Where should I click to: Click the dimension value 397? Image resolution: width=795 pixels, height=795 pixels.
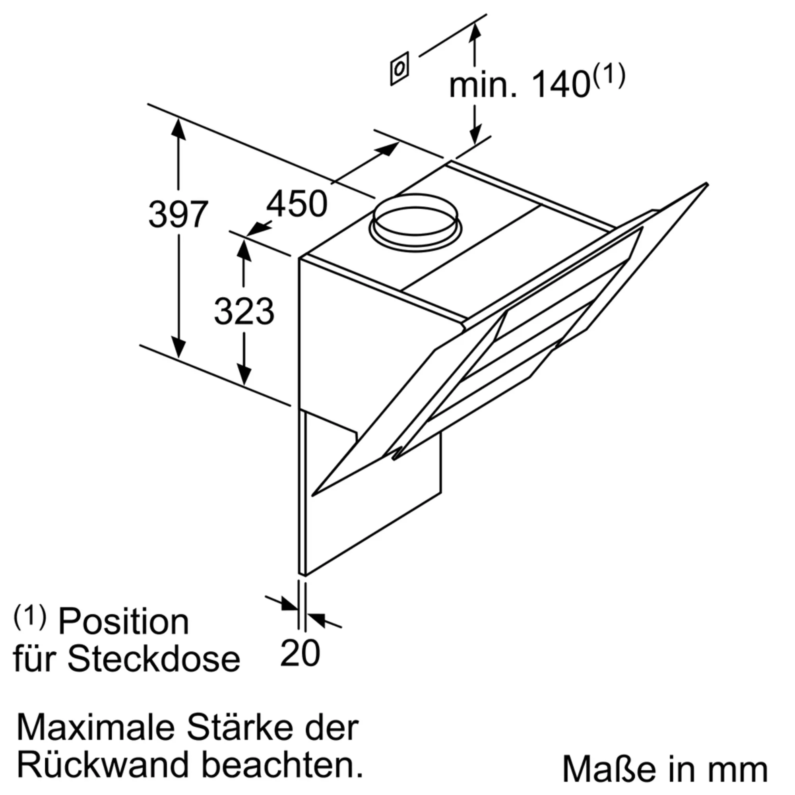tap(178, 214)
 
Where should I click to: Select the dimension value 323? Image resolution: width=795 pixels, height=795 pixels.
tap(244, 311)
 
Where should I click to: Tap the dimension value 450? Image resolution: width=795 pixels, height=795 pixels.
tap(297, 204)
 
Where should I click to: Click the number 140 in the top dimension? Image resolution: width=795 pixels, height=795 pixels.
tap(560, 85)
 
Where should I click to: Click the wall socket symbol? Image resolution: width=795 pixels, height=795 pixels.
tap(399, 69)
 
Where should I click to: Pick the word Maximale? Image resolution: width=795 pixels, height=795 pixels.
tap(95, 728)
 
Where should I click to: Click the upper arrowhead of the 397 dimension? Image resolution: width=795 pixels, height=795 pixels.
tap(178, 128)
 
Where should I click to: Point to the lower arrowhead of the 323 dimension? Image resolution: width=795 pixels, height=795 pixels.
tap(244, 374)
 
